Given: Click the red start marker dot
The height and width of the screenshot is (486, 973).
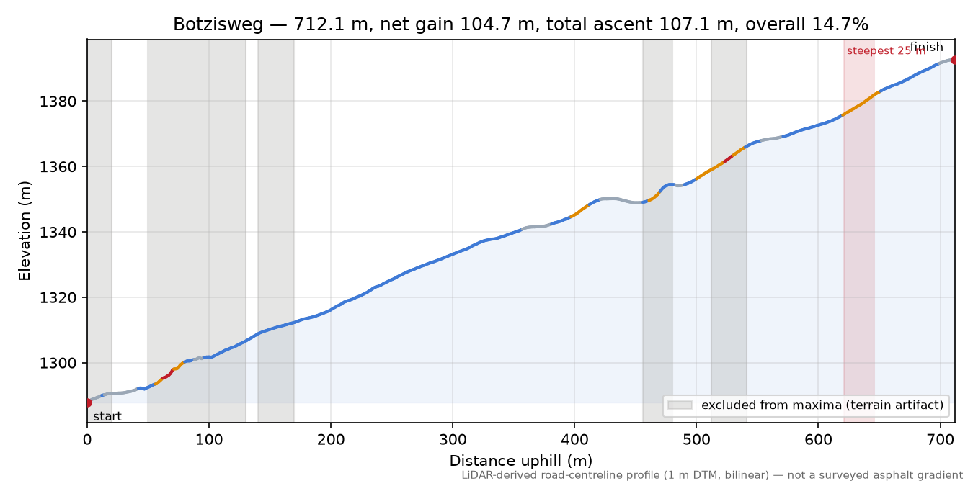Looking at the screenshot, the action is (x=87, y=402).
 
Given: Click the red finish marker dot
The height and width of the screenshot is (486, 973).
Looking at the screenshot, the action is (x=954, y=60).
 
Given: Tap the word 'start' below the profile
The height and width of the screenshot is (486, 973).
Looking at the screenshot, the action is (x=107, y=417).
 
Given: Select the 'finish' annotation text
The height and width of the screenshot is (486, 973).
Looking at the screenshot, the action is (x=927, y=47).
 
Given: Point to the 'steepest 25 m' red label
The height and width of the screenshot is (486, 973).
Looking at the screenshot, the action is (x=886, y=51).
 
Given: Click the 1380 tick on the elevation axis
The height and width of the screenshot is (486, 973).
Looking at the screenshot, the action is (x=58, y=102).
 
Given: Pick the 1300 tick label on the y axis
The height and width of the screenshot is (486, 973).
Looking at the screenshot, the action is (x=58, y=363).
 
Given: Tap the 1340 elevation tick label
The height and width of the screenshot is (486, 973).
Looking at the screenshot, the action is (x=58, y=233).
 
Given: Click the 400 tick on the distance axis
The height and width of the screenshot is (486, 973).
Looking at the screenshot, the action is (x=574, y=440).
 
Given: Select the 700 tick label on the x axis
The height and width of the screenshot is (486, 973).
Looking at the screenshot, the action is (x=941, y=440).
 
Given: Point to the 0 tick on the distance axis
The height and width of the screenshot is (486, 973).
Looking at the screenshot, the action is (x=87, y=440).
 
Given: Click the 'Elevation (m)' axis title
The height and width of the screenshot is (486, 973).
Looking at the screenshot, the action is (x=25, y=231).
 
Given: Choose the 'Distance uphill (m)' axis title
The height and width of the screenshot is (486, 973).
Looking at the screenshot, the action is (x=521, y=461).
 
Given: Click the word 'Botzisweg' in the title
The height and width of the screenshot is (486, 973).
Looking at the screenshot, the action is (x=218, y=24).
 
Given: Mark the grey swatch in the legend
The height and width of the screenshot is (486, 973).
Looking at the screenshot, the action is (x=680, y=405).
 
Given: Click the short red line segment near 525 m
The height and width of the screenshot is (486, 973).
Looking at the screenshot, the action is (x=728, y=158).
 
